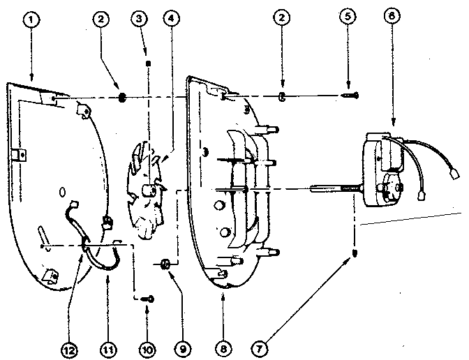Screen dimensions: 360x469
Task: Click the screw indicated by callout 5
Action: (x=349, y=96)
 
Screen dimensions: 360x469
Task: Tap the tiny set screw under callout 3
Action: (x=147, y=62)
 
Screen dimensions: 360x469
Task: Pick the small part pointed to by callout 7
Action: (x=356, y=253)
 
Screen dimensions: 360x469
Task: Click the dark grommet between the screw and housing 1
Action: (x=122, y=97)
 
